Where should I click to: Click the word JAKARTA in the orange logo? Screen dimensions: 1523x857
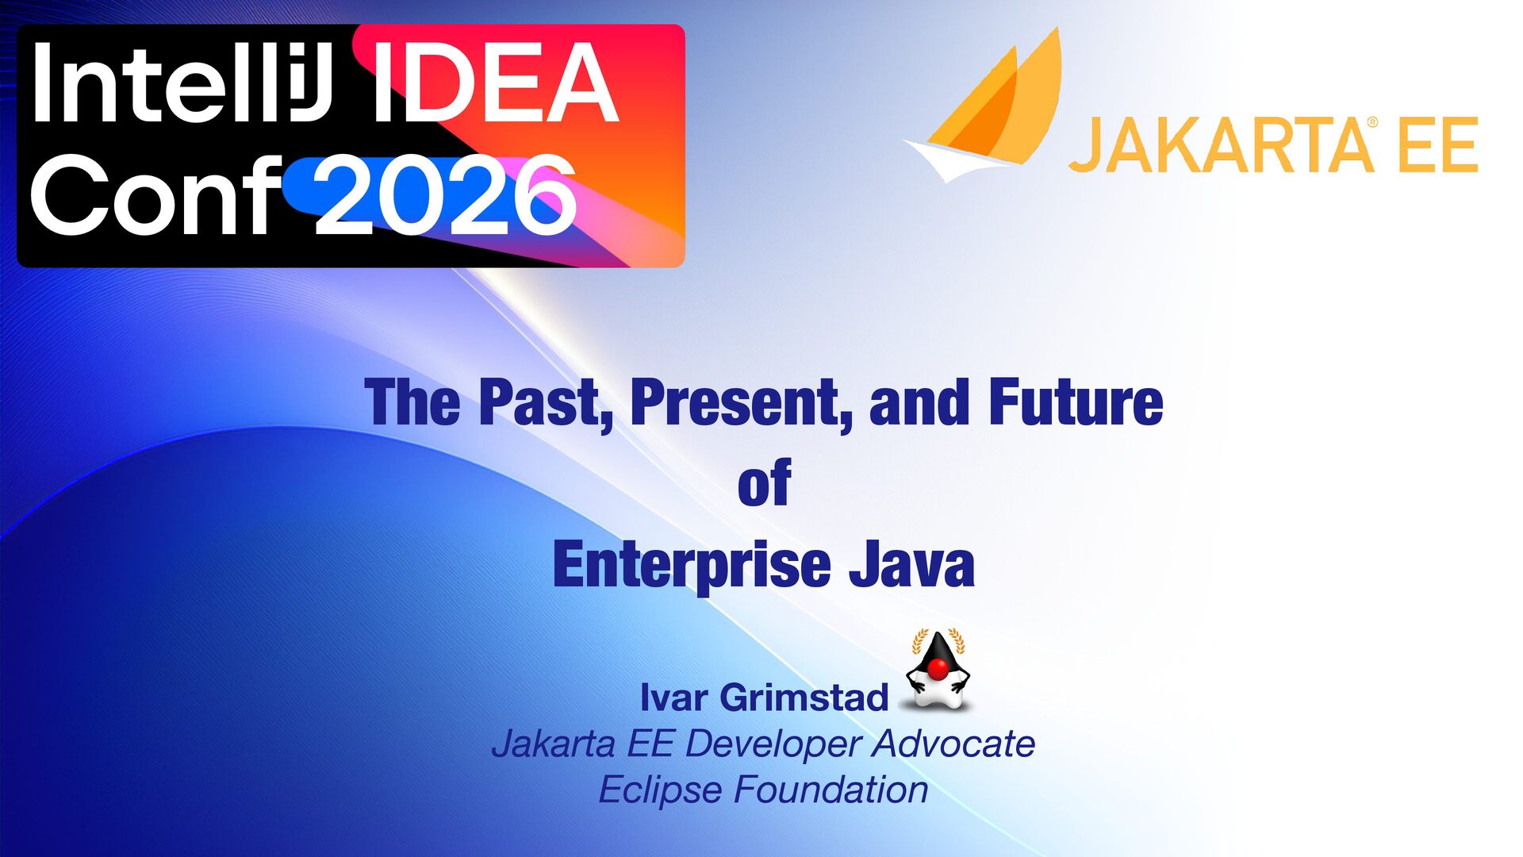tap(1221, 144)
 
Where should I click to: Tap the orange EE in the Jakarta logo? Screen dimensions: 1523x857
tap(1437, 144)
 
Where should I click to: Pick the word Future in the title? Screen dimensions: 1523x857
tap(1076, 402)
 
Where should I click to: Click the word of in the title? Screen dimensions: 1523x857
tap(764, 482)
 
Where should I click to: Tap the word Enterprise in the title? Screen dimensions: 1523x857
tap(692, 565)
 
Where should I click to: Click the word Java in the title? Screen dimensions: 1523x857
tap(911, 564)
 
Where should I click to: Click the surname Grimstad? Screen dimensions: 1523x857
tap(804, 698)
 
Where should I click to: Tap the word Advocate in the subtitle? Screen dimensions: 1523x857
tap(953, 744)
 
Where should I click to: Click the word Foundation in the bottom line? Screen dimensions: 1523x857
tap(831, 790)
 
